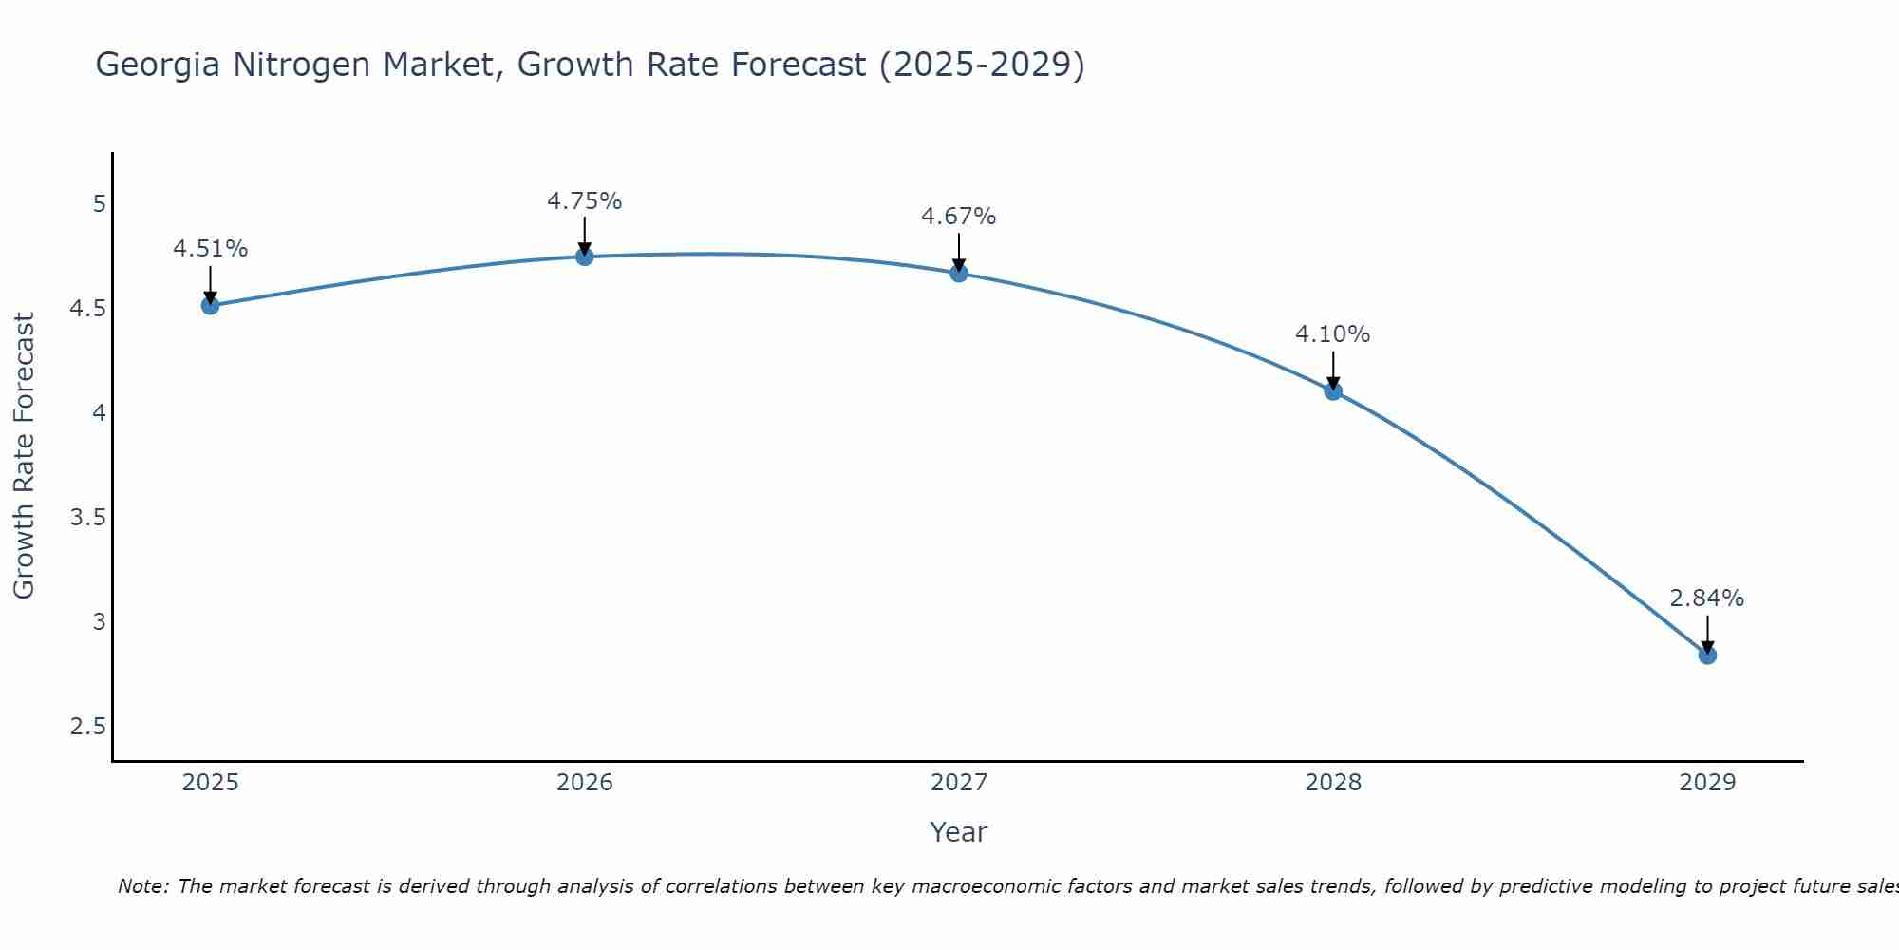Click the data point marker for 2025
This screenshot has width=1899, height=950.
click(210, 305)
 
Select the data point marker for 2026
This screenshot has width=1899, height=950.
click(584, 256)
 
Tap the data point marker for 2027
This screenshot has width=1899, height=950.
click(959, 274)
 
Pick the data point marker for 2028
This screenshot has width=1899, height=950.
click(1333, 390)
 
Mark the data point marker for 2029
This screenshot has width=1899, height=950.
click(1707, 655)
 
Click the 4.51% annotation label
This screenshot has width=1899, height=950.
click(210, 249)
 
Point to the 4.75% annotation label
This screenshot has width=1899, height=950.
click(584, 201)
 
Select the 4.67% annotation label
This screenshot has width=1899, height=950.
click(959, 217)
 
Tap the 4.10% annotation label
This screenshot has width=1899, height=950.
click(1333, 334)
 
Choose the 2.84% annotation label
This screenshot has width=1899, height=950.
click(1707, 598)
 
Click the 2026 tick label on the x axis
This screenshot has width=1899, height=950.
click(584, 783)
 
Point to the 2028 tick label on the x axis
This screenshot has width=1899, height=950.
click(1333, 783)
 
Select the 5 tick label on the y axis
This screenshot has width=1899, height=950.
click(99, 204)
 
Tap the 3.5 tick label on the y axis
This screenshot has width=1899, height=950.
click(87, 518)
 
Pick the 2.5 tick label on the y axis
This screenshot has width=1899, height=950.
click(87, 727)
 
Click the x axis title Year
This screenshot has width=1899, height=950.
click(959, 832)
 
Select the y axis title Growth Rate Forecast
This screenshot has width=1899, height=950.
click(24, 456)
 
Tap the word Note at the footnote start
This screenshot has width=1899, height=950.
click(142, 886)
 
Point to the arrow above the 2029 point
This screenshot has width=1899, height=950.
click(1707, 633)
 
